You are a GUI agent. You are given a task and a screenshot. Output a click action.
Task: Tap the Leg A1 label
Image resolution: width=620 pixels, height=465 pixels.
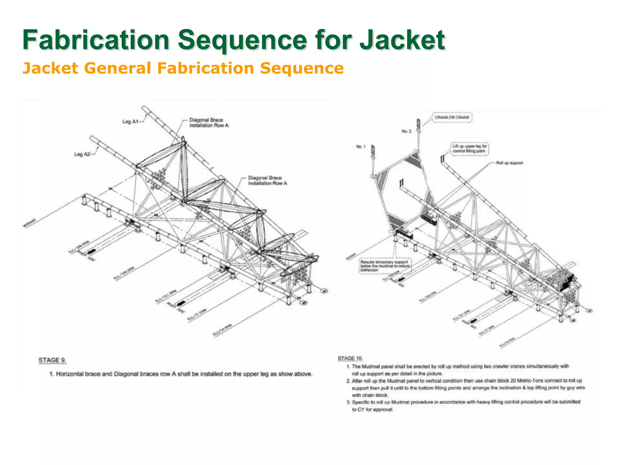coord(130,121)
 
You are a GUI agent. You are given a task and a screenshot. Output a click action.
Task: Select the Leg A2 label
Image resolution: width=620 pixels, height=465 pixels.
coord(82,154)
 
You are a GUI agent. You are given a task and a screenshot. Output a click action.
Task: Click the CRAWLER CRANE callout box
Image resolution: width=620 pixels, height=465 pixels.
coord(452,117)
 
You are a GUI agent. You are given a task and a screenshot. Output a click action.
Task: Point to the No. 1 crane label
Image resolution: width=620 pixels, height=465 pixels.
coord(361,147)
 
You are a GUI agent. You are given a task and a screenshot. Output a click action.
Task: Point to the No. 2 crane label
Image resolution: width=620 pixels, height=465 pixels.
coord(406,131)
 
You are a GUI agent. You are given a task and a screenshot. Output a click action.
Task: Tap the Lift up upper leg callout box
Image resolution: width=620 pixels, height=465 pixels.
coord(470,149)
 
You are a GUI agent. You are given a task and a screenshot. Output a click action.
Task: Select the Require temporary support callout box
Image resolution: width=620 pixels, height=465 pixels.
coord(385,266)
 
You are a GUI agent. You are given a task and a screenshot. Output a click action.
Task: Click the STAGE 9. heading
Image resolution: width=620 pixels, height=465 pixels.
coord(52,360)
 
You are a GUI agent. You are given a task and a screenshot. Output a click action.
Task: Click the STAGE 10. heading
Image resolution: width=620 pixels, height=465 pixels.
coord(350,358)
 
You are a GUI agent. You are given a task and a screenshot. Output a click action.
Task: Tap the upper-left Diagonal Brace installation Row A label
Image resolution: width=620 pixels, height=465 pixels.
coord(209,123)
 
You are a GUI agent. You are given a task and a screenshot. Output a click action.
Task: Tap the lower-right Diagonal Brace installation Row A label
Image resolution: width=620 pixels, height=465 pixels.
coord(267,180)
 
